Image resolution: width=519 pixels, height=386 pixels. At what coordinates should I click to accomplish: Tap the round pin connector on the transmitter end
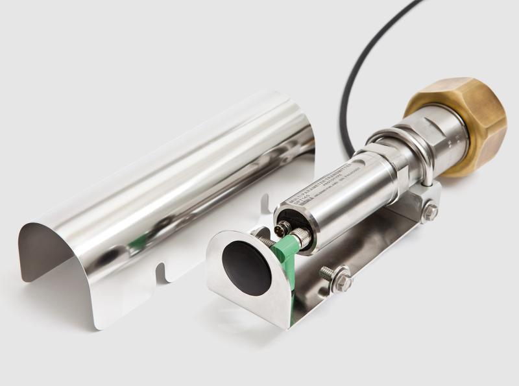(x=284, y=228)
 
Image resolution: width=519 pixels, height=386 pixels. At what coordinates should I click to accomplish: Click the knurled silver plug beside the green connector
(x=300, y=238)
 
